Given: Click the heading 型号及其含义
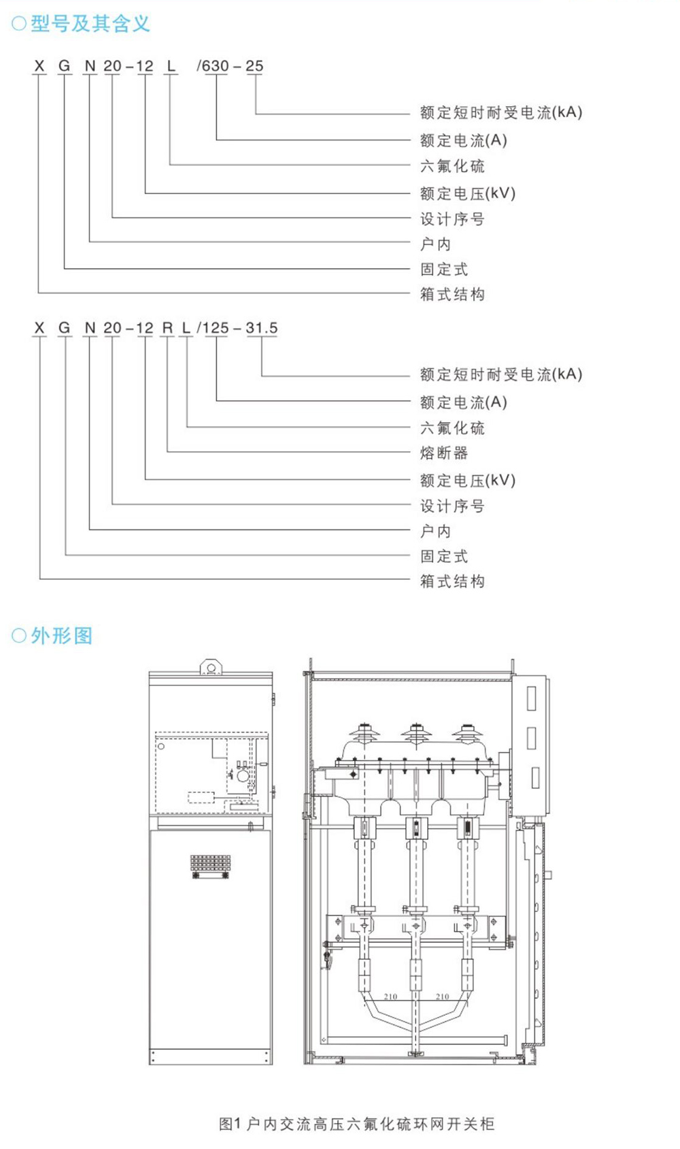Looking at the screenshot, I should pos(90,24).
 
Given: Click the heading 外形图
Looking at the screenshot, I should pos(61,636).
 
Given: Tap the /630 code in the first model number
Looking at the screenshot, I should pos(213,66).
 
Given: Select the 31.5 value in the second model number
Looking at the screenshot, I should pos(262,328).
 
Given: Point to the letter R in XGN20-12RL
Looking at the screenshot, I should pos(167,328).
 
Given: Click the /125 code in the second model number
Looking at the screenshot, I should pos(214,328).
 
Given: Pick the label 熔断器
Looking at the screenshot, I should pos(444,453).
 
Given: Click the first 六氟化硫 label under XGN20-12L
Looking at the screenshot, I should pos(452,166).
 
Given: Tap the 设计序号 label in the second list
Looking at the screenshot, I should pos(452,506).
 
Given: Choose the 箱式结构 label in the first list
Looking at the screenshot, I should pos(452,294).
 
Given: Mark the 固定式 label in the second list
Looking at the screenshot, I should pos(444,556).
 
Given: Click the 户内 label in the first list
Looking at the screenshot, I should pos(435,244).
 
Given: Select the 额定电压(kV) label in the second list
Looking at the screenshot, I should pos(468,481).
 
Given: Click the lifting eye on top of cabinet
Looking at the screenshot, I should pos(211,667).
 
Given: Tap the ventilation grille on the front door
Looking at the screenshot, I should pos(210,864).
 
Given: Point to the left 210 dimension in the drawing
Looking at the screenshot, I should pos(390,997).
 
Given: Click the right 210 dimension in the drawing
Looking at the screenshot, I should pos(442,997).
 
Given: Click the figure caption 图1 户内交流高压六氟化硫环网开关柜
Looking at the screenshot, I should pos(356,1124).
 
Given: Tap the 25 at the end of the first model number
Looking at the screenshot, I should pos(254,66).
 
